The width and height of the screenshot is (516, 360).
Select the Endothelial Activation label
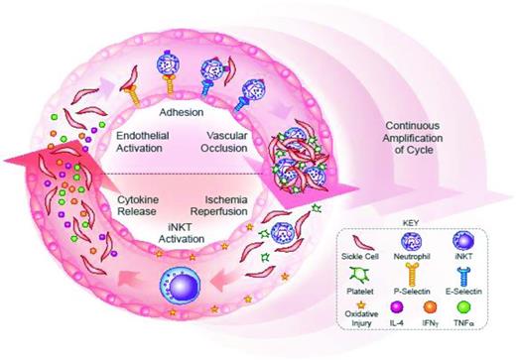pos(148,144)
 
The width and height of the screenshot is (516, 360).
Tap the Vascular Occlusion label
pos(239,143)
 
